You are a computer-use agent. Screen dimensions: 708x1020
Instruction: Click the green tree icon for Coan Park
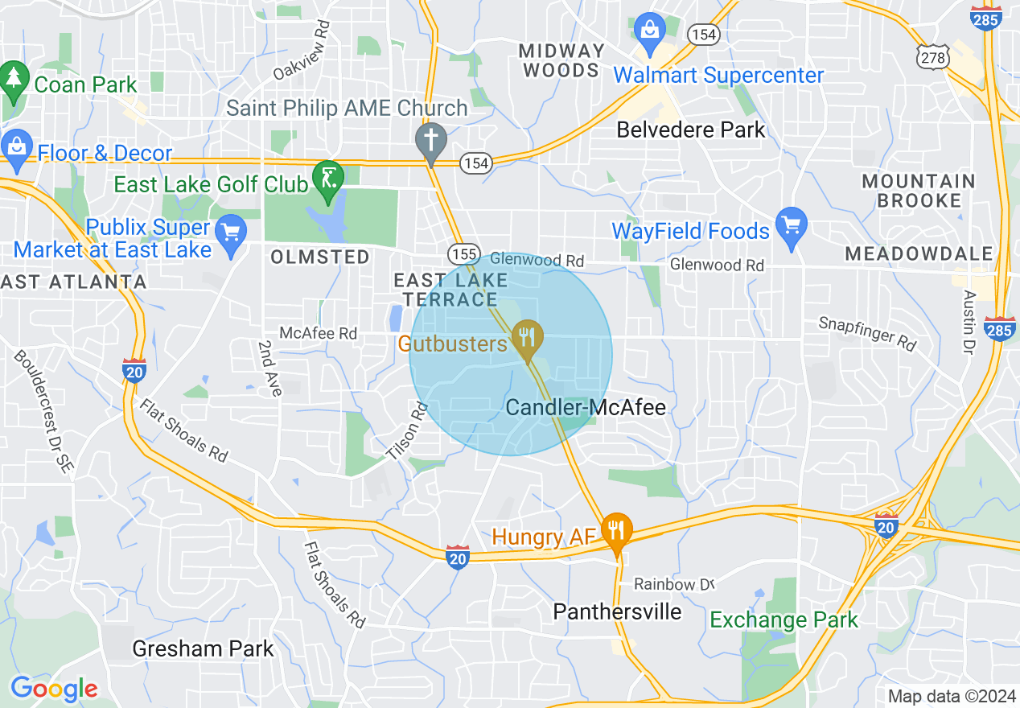(14, 79)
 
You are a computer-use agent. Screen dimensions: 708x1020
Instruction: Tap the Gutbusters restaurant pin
(527, 338)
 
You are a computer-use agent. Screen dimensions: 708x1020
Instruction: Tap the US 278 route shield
(934, 56)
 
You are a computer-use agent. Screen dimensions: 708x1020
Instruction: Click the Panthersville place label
(617, 611)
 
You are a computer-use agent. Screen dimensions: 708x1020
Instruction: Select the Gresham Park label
(203, 648)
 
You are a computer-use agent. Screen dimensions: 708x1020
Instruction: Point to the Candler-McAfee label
(586, 408)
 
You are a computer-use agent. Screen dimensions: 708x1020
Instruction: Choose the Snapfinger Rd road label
(867, 332)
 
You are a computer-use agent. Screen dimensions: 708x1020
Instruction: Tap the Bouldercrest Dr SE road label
(45, 413)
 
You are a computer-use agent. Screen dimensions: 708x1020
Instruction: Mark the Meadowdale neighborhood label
(919, 254)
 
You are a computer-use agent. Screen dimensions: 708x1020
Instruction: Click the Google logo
(54, 689)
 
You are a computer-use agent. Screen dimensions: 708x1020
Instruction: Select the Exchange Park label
(784, 619)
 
